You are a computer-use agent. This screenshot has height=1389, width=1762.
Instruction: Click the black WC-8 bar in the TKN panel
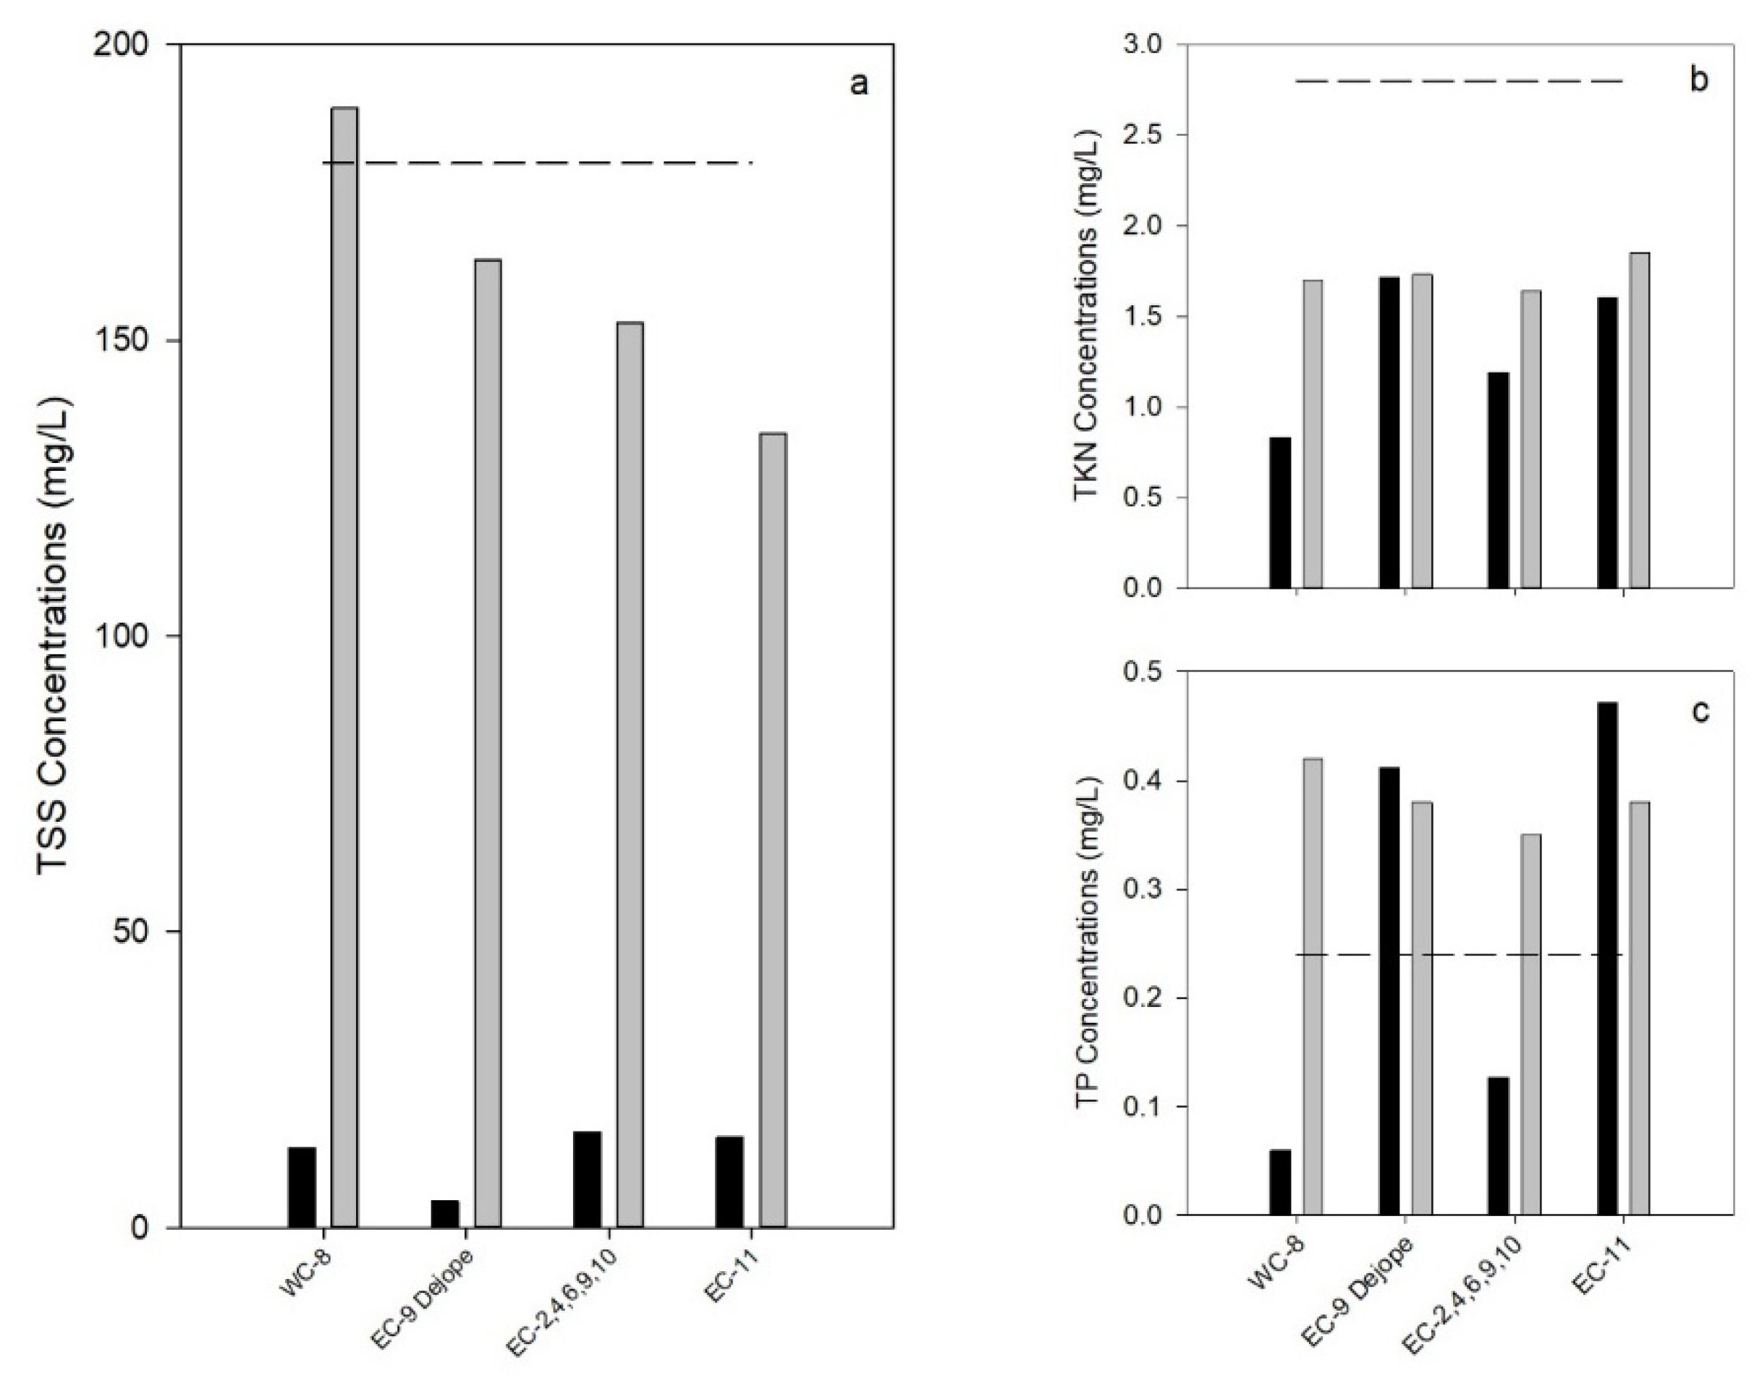[1280, 512]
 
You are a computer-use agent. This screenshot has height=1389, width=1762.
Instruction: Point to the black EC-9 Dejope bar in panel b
[1389, 432]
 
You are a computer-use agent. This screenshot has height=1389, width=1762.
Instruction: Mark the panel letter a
[859, 84]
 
